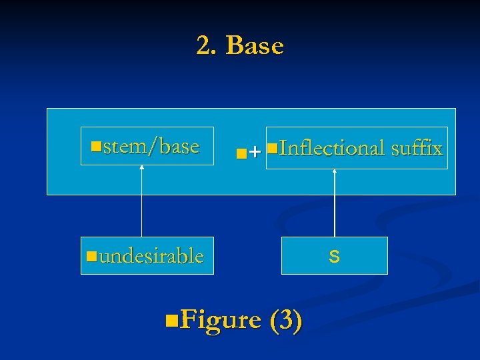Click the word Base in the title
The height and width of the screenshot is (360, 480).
tap(255, 46)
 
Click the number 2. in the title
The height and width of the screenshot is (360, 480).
tap(207, 46)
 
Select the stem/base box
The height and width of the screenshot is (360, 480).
tap(147, 145)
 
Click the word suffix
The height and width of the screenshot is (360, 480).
tap(417, 148)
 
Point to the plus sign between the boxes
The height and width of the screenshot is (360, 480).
tap(255, 153)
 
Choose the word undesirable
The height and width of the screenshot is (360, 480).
tap(151, 256)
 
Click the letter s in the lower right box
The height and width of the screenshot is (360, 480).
tap(335, 255)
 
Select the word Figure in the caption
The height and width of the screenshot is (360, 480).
tap(220, 320)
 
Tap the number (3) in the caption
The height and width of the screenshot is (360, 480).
tap(286, 320)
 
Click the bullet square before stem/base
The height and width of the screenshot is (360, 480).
tap(97, 145)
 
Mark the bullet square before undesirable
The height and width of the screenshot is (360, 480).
tap(92, 255)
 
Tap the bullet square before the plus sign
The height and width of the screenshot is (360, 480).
tap(241, 154)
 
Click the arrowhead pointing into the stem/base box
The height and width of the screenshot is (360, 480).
tap(142, 167)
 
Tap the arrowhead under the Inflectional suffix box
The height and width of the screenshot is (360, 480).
tap(335, 172)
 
